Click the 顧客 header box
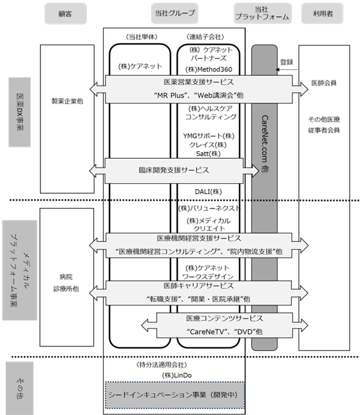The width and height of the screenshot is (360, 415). coord(65,14)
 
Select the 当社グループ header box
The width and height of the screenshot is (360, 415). coord(175,14)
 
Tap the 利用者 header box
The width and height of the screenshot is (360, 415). coord(322,14)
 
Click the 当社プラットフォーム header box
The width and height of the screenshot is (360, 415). coord(263,14)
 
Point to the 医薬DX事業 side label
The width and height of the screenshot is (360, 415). coord(19,112)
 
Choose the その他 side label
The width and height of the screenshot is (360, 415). coord(19,388)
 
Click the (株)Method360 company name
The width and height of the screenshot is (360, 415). coord(209,69)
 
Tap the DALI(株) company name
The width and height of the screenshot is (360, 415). coord(208,191)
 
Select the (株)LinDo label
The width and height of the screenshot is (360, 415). coord(177,375)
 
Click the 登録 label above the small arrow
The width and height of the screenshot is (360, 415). coord(287,62)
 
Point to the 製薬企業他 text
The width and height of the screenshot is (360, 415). coord(67,101)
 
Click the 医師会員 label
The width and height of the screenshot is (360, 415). coord(324,83)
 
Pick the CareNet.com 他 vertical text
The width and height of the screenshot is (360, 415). coord(264,144)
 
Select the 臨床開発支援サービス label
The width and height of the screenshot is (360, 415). coord(174,170)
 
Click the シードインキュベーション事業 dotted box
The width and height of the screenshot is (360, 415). coord(175,395)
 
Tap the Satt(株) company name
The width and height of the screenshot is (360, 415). coord(208,154)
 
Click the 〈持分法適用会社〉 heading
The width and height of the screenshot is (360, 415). coord(162,365)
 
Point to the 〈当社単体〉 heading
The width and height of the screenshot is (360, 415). coord(142,37)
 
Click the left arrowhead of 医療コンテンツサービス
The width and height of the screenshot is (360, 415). coord(145,325)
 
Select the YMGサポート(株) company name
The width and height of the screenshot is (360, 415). coord(209,136)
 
